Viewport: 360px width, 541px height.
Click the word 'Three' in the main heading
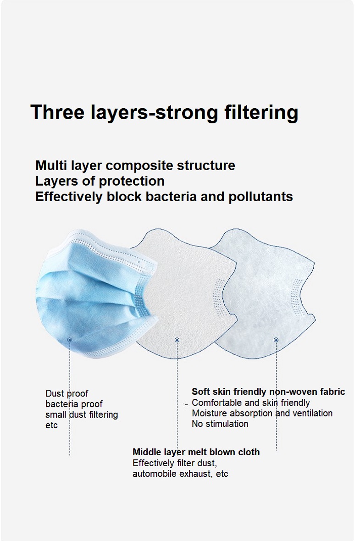57,112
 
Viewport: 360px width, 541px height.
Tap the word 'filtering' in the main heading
261,114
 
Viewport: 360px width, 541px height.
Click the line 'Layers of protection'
100,182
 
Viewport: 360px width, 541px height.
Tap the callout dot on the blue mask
69,340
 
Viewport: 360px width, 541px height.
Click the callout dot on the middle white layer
177,340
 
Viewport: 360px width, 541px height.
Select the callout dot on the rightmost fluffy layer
276,340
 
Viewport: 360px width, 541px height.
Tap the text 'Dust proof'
66,394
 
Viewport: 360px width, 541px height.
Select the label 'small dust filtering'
82,415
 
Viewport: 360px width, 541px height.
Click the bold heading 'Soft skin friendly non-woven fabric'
268,392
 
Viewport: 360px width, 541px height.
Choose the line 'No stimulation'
220,424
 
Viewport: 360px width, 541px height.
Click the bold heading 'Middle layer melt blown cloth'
196,452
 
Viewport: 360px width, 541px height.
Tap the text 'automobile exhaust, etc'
180,474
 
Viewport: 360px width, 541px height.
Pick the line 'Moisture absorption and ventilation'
262,414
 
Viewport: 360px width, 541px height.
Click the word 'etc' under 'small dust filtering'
51,425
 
